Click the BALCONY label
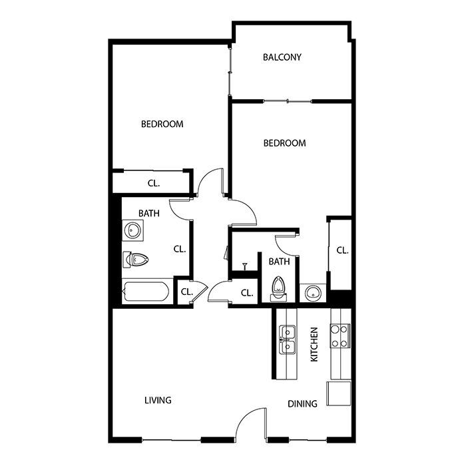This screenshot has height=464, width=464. (x=282, y=57)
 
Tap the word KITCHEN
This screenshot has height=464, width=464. (x=314, y=344)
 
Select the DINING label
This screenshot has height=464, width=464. (x=302, y=403)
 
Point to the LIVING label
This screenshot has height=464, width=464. (x=158, y=400)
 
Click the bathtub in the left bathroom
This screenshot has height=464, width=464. (x=146, y=292)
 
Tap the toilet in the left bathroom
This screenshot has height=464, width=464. (x=136, y=260)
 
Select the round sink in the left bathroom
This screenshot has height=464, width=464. (x=132, y=230)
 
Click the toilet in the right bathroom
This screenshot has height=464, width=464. (x=278, y=289)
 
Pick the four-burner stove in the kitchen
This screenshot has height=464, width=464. (x=340, y=336)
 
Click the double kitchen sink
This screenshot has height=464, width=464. (x=288, y=340)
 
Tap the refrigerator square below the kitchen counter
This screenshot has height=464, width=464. (x=339, y=393)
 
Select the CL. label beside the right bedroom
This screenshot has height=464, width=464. (x=342, y=250)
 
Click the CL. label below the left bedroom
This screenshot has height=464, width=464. (x=154, y=183)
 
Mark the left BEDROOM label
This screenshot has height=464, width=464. (x=162, y=124)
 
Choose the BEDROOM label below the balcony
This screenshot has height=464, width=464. (x=285, y=143)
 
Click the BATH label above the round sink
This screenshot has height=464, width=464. (x=149, y=213)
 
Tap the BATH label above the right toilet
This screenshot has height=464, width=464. (x=279, y=262)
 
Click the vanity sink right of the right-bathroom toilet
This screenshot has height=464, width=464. (x=313, y=293)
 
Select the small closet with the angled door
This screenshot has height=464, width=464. (x=186, y=292)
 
